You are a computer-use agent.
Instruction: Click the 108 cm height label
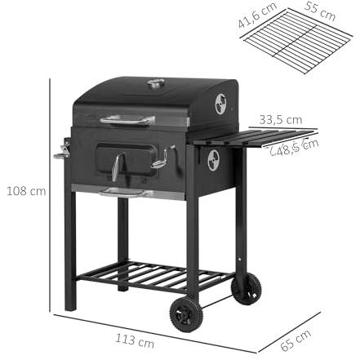tap(26, 191)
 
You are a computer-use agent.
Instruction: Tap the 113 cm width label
tap(135, 341)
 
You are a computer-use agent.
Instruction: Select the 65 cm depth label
tap(296, 340)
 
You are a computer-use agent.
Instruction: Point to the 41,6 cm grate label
tap(257, 15)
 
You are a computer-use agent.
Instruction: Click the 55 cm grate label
tap(320, 11)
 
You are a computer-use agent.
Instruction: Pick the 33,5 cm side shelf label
tap(281, 120)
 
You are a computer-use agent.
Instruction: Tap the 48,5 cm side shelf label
tap(295, 148)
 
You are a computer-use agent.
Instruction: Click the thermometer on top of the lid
tap(156, 83)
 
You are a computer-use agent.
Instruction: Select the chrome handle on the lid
tap(127, 120)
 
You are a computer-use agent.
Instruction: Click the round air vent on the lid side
tap(220, 104)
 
